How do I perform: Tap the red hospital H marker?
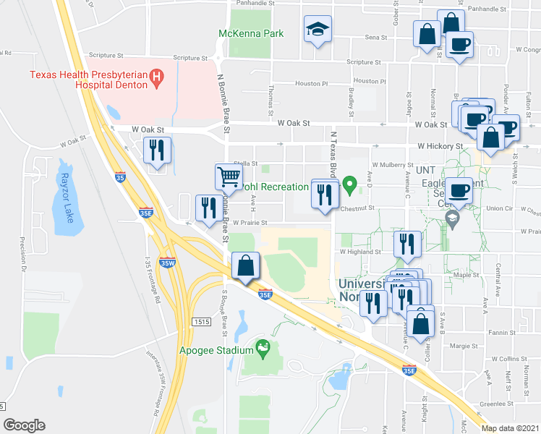[155, 76]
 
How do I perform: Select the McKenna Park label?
[251, 33]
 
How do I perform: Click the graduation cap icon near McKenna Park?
[317, 29]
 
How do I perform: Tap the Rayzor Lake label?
[68, 189]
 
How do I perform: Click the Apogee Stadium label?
[214, 352]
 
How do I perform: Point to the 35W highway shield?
[167, 263]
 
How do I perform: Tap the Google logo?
[24, 425]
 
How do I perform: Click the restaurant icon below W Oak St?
[157, 150]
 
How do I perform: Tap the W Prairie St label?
[250, 222]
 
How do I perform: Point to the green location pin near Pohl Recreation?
[351, 185]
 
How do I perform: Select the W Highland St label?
[360, 252]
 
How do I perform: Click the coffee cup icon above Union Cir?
[459, 191]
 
